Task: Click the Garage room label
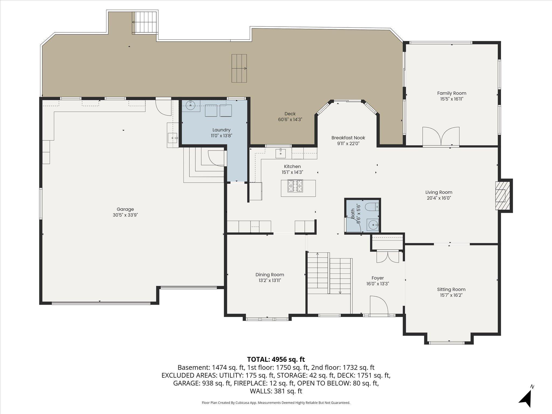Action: [125, 209]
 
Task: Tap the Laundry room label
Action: [221, 130]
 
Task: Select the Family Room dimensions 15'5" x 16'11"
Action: [452, 99]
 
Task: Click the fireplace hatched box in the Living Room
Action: [503, 195]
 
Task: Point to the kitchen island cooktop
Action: [296, 186]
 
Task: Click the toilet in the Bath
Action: [372, 207]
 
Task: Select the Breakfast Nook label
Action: [348, 138]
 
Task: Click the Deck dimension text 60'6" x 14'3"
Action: [290, 119]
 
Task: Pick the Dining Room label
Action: [270, 275]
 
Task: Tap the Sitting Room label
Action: [451, 289]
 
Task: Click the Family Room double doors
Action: [441, 137]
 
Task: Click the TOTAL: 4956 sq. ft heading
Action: [276, 359]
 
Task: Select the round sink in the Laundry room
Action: [191, 105]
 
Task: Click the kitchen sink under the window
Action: [280, 153]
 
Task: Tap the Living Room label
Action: [439, 192]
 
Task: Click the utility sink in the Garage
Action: [172, 138]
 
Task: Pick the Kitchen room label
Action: [292, 166]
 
